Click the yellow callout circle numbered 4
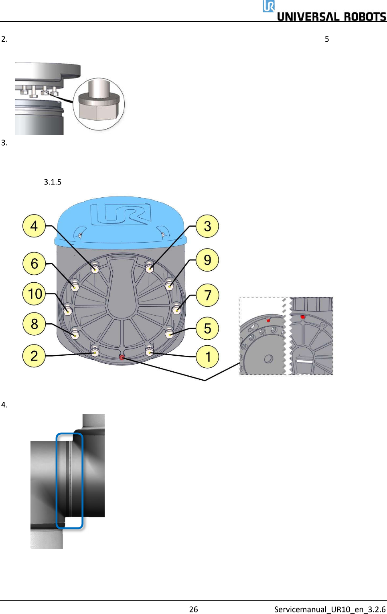[x=34, y=226]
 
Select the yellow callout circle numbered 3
[x=207, y=226]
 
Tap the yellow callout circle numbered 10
[x=34, y=294]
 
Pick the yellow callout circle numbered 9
[x=207, y=260]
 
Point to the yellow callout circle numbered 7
[x=207, y=295]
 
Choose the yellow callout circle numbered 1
[x=207, y=356]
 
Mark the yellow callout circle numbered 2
[x=34, y=356]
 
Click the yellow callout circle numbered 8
[x=34, y=324]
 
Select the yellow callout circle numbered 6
[x=34, y=263]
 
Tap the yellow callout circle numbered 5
[x=207, y=328]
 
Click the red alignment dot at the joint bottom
[x=122, y=357]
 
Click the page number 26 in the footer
[x=193, y=609]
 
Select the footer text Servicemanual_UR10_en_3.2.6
[x=330, y=609]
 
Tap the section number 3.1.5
[x=53, y=182]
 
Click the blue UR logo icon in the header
[x=268, y=6]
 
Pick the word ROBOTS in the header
[x=365, y=17]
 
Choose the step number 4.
[x=4, y=404]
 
